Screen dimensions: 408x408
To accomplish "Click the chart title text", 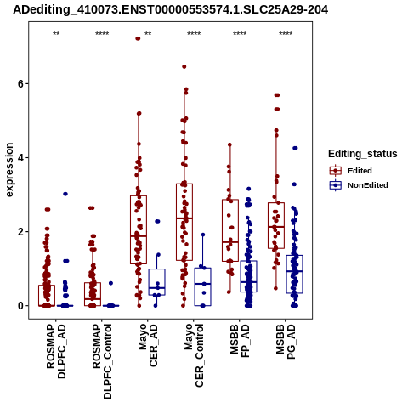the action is point(170,9).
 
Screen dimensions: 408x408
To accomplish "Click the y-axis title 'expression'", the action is point(9,170).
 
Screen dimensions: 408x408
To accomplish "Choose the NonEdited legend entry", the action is point(359,185).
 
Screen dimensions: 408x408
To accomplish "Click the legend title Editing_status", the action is point(363,154).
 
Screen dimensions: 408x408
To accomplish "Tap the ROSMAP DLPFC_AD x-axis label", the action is point(56,351).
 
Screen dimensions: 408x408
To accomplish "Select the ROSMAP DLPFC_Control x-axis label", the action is point(102,361).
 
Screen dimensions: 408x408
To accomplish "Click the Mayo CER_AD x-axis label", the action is point(148,345).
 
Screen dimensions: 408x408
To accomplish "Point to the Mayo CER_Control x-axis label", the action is point(194,355).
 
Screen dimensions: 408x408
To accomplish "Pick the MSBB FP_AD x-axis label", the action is point(240,341).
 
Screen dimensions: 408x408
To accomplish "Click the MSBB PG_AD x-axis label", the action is point(286,342).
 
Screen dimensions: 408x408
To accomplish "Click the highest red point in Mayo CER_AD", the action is point(138,38).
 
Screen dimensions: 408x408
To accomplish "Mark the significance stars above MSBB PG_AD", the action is point(286,34).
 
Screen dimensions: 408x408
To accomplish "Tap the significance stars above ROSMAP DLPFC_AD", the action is point(56,34).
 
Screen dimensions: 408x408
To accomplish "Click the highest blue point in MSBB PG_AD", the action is point(295,148).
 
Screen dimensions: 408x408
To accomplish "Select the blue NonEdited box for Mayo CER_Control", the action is point(203,286).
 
